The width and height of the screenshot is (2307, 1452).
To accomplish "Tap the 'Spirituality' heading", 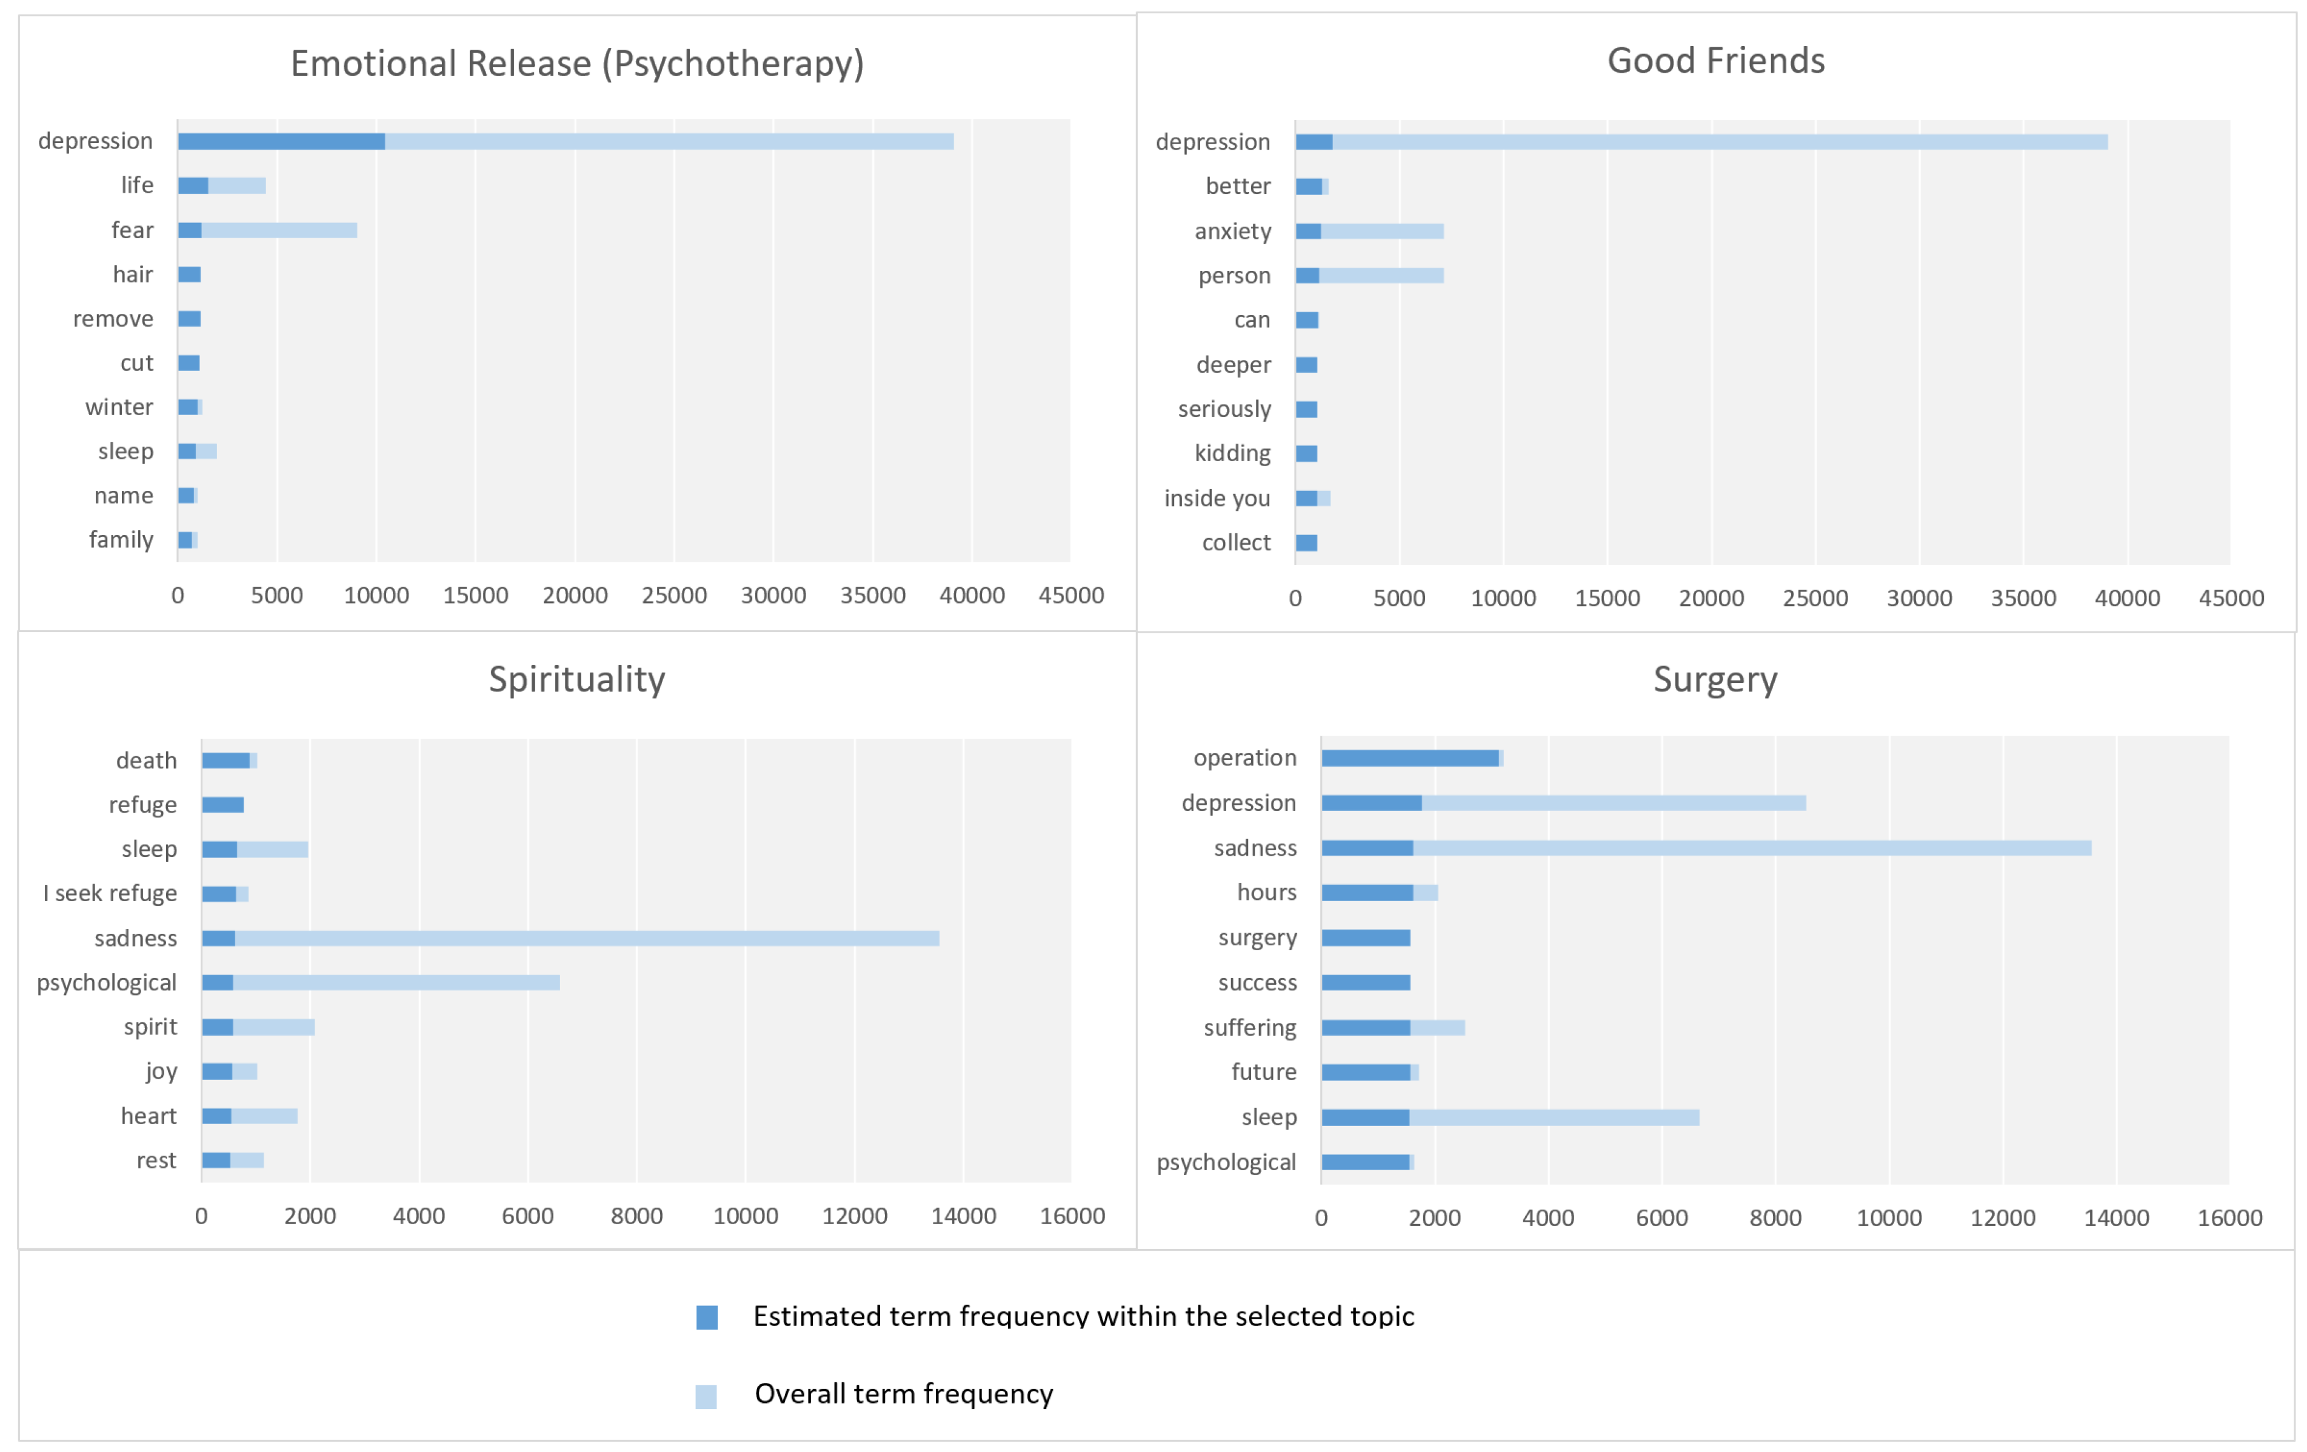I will point(577,679).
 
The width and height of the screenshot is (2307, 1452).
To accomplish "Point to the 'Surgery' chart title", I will point(1715,679).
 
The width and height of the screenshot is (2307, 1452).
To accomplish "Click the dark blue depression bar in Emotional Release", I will point(282,142).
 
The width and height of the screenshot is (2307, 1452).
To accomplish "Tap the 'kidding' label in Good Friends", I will point(1232,454).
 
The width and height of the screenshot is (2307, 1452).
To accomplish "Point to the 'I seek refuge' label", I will point(110,894).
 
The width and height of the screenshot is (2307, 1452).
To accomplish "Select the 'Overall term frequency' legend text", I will point(903,1394).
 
